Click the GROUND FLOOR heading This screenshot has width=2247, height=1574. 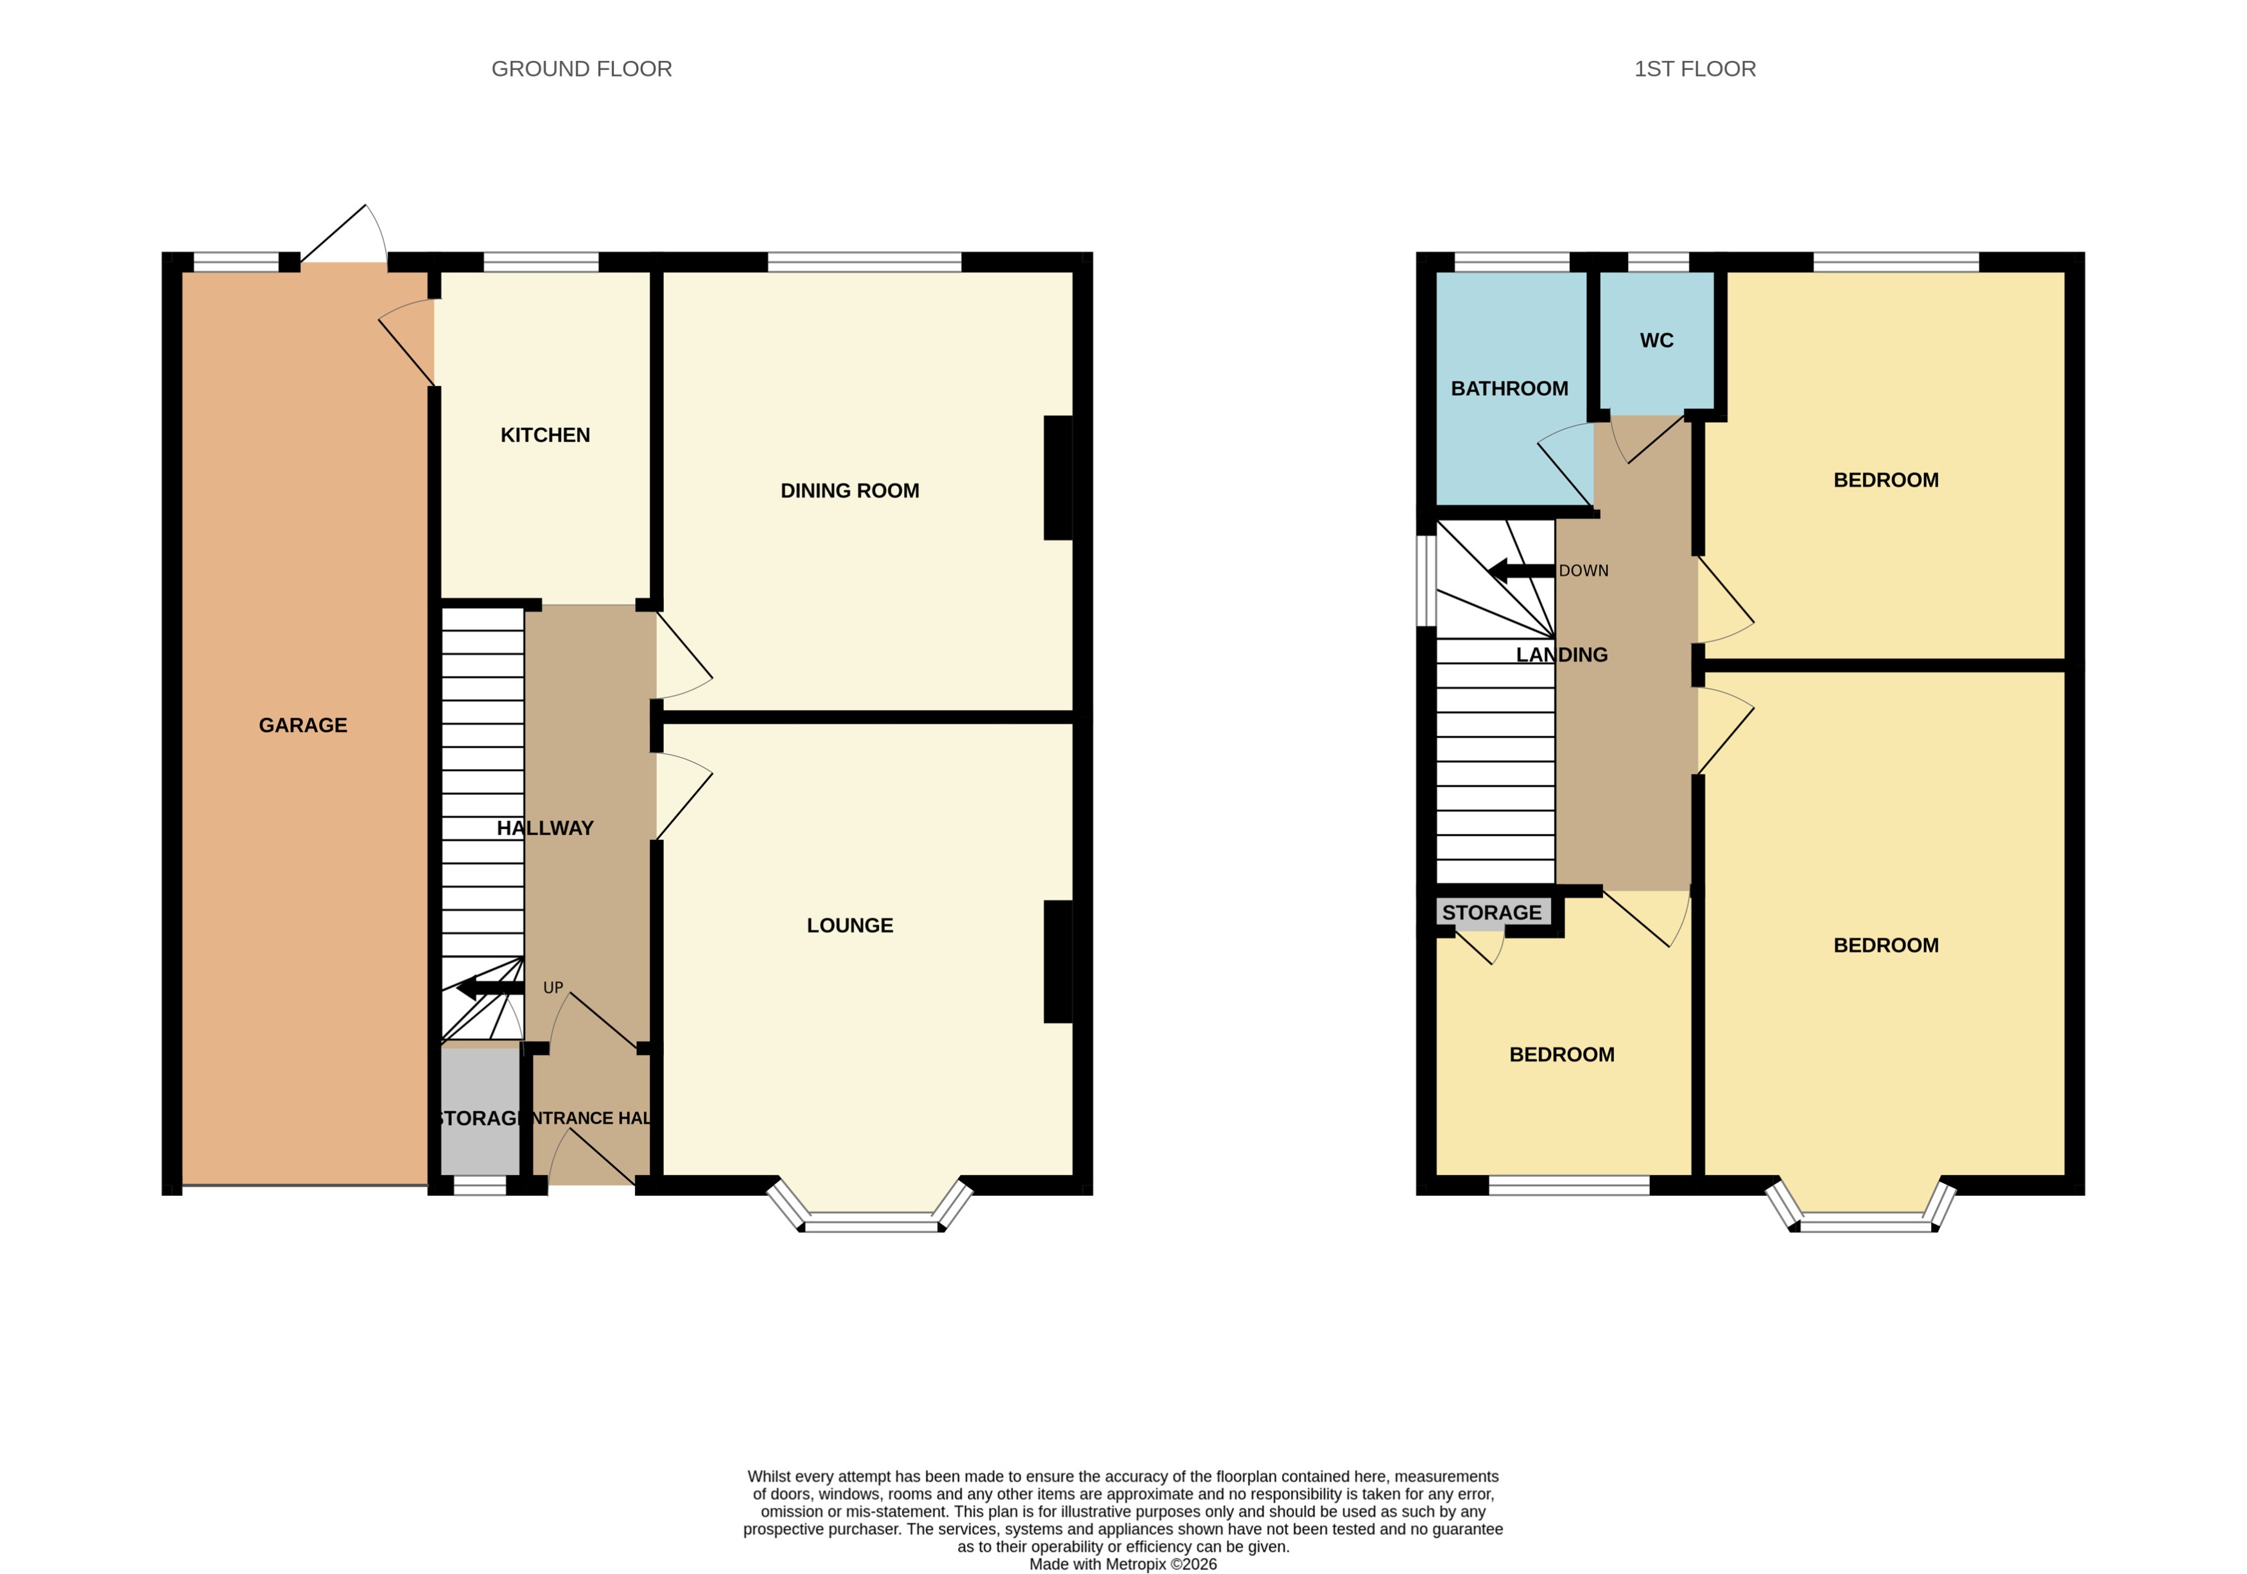click(581, 69)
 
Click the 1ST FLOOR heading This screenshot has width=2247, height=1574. click(1695, 69)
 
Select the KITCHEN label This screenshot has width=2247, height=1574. click(545, 435)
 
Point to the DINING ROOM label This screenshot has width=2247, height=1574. click(849, 491)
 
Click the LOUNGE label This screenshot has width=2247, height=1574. click(849, 925)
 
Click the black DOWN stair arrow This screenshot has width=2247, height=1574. click(1520, 571)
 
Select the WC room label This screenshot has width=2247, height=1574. click(1657, 340)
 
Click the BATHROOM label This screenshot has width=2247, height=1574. click(1509, 389)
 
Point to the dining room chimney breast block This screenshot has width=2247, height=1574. click(1058, 478)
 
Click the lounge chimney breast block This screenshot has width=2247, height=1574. click(1058, 961)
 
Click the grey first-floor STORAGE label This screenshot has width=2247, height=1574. click(1491, 913)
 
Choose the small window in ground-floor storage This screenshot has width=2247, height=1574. click(480, 1185)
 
